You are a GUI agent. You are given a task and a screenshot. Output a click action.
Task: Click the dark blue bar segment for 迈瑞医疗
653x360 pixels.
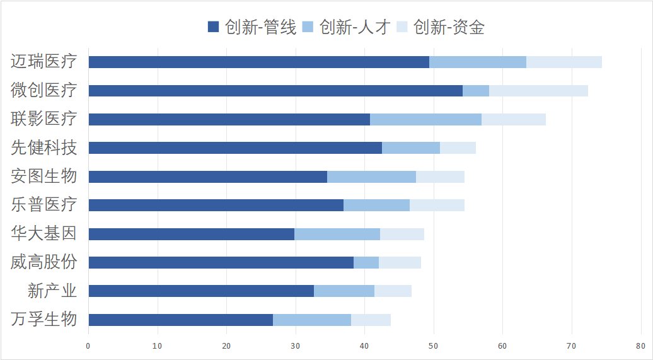(x=258, y=62)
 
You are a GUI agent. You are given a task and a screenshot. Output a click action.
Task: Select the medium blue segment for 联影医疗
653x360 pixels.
(x=425, y=119)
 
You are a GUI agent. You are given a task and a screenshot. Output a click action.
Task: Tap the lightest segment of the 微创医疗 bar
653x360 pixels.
(x=538, y=91)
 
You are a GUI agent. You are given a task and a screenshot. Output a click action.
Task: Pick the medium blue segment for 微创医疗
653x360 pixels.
(x=476, y=91)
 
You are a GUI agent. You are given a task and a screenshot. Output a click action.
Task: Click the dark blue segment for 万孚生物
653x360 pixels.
(x=180, y=320)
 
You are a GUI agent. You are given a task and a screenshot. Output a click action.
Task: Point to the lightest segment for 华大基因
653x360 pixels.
(x=402, y=234)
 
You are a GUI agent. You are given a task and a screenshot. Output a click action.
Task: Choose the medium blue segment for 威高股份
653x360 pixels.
(x=366, y=262)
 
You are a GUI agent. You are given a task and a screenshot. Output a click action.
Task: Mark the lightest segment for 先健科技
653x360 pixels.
(x=458, y=148)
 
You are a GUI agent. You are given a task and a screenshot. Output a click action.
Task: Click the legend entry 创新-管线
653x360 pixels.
(x=252, y=27)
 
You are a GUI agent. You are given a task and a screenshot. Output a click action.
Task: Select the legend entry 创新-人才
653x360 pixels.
(x=347, y=27)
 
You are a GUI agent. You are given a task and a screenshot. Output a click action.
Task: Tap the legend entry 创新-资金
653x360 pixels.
(x=441, y=27)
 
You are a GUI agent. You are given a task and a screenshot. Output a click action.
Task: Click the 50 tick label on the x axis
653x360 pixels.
(x=434, y=345)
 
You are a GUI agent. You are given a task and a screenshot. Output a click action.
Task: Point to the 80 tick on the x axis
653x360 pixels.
(x=640, y=345)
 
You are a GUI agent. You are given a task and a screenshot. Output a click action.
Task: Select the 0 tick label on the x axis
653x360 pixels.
(x=88, y=345)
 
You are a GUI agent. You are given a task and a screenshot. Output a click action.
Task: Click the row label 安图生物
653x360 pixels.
(x=44, y=177)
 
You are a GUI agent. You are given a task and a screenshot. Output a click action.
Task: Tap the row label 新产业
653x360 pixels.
(x=52, y=291)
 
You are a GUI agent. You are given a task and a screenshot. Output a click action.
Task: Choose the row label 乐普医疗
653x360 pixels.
(x=44, y=205)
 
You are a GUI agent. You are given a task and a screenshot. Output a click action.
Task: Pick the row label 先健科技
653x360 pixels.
(x=44, y=148)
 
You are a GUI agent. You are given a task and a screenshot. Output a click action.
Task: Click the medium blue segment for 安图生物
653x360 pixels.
(x=371, y=177)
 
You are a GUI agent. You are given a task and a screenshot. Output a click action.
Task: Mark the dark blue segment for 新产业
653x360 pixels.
(x=201, y=291)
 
